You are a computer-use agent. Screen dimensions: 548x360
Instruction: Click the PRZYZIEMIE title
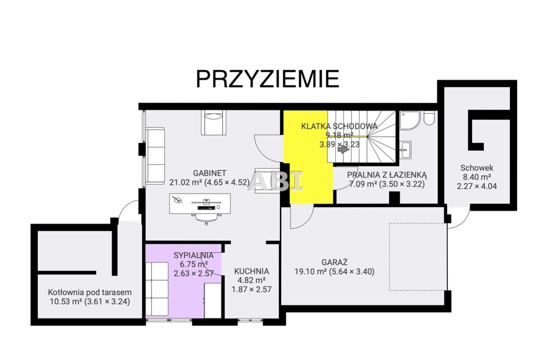tap(268, 79)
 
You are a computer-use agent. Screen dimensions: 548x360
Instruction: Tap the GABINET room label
tap(210, 173)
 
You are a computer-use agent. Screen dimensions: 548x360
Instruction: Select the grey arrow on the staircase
tap(343, 149)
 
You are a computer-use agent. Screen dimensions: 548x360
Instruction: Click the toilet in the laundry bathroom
tap(429, 118)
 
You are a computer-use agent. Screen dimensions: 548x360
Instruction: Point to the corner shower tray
tap(410, 120)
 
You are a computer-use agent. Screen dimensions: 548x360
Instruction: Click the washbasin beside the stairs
tap(405, 149)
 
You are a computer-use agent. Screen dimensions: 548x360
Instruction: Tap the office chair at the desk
tap(206, 218)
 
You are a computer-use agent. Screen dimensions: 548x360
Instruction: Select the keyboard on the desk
tap(206, 208)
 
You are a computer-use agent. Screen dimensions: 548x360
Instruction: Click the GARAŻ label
tap(334, 262)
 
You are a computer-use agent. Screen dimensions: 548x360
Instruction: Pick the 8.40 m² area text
tap(477, 177)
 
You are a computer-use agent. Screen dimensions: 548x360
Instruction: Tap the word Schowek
tap(477, 168)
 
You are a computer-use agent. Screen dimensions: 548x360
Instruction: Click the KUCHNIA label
tap(251, 271)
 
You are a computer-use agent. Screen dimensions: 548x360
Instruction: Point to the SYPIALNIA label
tap(194, 255)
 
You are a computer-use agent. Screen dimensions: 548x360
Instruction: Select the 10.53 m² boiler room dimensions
tap(90, 302)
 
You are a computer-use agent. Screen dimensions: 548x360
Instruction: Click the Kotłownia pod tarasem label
tap(90, 292)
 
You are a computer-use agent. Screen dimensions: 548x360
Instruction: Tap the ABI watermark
tap(276, 181)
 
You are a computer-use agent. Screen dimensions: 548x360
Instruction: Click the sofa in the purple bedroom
tap(157, 289)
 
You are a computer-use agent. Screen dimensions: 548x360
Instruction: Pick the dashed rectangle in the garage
tap(418, 257)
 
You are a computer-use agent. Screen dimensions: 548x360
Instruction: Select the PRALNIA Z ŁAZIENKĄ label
tap(387, 175)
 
